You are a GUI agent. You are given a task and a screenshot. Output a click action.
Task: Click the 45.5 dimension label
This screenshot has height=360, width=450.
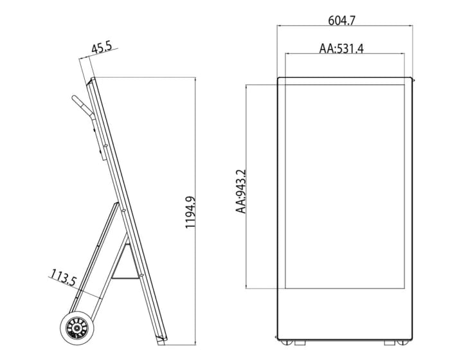102,48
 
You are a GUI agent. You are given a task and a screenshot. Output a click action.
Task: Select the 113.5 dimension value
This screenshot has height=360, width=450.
63,279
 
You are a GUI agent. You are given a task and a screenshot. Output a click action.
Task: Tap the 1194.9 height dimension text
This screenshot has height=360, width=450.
191,213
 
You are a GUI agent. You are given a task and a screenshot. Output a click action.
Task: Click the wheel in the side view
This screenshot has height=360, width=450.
76,329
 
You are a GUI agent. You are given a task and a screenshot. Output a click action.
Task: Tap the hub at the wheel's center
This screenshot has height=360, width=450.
76,329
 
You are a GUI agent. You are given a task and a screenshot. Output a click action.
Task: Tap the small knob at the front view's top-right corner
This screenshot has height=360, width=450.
414,80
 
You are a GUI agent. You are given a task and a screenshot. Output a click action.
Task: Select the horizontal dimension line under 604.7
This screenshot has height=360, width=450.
345,26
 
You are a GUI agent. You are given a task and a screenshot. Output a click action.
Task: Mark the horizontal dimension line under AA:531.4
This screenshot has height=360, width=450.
345,55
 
